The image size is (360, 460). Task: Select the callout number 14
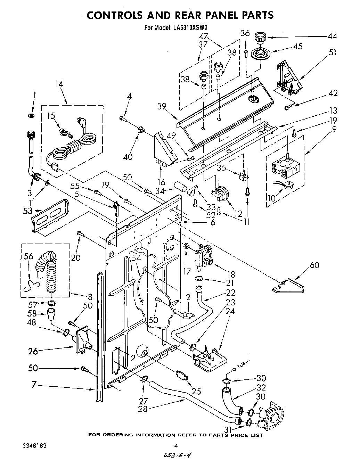pyautogui.click(x=59, y=83)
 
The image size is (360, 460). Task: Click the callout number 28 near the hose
pyautogui.click(x=143, y=409)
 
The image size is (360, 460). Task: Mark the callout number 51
pyautogui.click(x=332, y=52)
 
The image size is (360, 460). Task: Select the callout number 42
pyautogui.click(x=333, y=93)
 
